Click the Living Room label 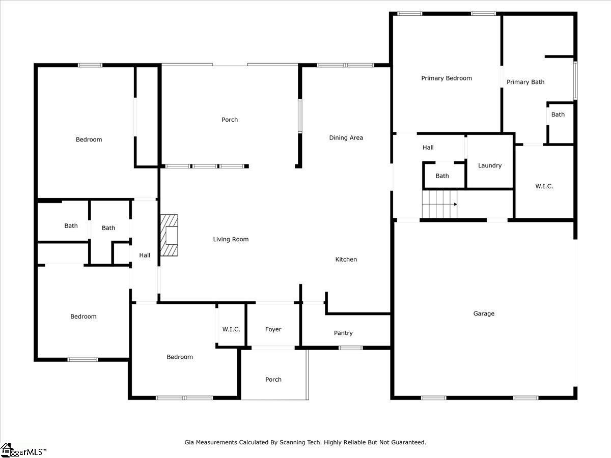click(x=231, y=239)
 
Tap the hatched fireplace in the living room click(x=169, y=235)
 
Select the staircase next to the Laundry click(x=439, y=204)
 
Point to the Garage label click(x=484, y=313)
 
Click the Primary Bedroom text click(x=447, y=78)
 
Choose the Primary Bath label click(x=525, y=82)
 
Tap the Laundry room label click(x=490, y=166)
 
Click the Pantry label click(x=343, y=333)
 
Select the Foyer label click(x=273, y=329)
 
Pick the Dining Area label click(x=346, y=137)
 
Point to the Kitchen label click(x=346, y=259)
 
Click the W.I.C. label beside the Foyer click(x=231, y=329)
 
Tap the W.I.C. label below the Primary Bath click(x=544, y=186)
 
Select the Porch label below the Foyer click(x=273, y=380)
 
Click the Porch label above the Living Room click(x=230, y=120)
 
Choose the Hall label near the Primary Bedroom click(x=428, y=148)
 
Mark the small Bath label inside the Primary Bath click(x=558, y=114)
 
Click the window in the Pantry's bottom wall click(x=351, y=348)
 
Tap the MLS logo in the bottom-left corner click(x=23, y=451)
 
